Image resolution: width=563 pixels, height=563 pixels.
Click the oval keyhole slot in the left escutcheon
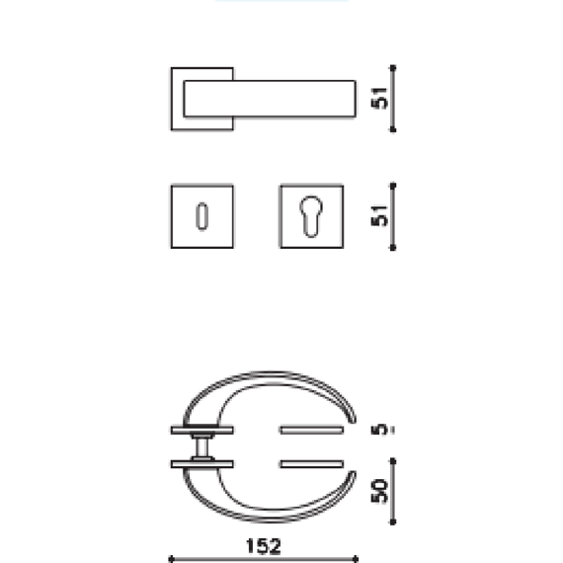pyautogui.click(x=201, y=215)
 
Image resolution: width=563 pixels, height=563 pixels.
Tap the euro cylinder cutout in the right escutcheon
pyautogui.click(x=311, y=215)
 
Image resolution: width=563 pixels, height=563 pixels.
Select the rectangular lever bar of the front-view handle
pyautogui.click(x=269, y=98)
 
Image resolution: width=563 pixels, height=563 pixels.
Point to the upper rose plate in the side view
pyautogui.click(x=202, y=431)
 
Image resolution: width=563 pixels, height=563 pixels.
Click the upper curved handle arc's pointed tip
pyautogui.click(x=351, y=419)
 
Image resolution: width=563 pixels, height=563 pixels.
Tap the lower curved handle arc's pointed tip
pyautogui.click(x=351, y=476)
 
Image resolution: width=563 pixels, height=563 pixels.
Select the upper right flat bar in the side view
pyautogui.click(x=311, y=431)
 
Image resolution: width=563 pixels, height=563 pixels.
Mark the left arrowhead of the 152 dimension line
pyautogui.click(x=173, y=558)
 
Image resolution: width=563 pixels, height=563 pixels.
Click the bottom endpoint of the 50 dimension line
pyautogui.click(x=393, y=523)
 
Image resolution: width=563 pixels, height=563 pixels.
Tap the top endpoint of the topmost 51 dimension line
pyautogui.click(x=393, y=67)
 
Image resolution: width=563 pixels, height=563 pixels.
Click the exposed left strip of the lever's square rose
pyautogui.click(x=177, y=99)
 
